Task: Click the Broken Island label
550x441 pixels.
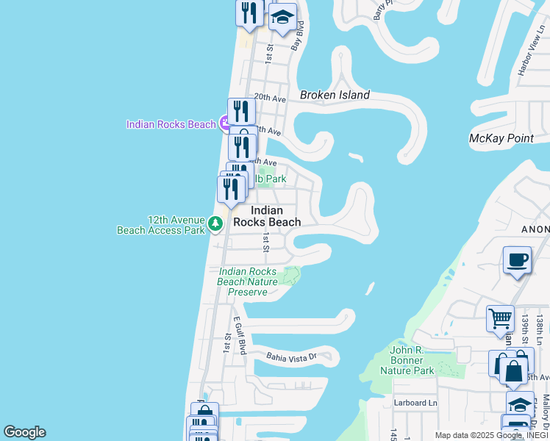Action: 335,95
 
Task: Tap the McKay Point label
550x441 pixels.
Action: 501,138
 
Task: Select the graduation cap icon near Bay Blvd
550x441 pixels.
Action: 282,18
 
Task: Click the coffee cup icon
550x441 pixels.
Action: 518,261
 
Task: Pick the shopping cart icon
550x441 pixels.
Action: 501,319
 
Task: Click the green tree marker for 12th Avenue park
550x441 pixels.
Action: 215,223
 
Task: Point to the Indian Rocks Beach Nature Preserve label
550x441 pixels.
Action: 248,282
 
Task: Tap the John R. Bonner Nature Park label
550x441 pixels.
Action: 407,361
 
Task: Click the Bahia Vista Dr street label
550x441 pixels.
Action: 291,357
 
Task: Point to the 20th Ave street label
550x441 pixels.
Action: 269,98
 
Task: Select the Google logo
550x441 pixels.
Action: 24,432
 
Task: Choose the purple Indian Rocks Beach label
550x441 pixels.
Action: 171,124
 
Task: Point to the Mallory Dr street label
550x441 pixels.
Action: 546,412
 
